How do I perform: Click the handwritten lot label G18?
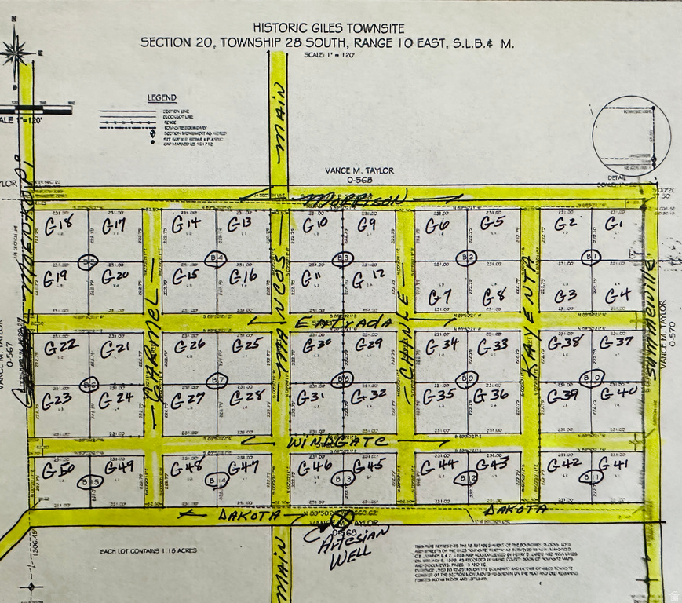coord(59,227)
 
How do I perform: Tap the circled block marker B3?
coord(342,258)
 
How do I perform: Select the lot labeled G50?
coord(58,471)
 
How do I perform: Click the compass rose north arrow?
coord(16,53)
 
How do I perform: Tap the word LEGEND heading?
coord(162,98)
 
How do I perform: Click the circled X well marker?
coord(342,519)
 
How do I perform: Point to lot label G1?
coord(613,225)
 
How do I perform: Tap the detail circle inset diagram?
coord(631,135)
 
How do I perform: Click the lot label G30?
coord(317,345)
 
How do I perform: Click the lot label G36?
coord(491,395)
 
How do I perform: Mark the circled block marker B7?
coord(217,380)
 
